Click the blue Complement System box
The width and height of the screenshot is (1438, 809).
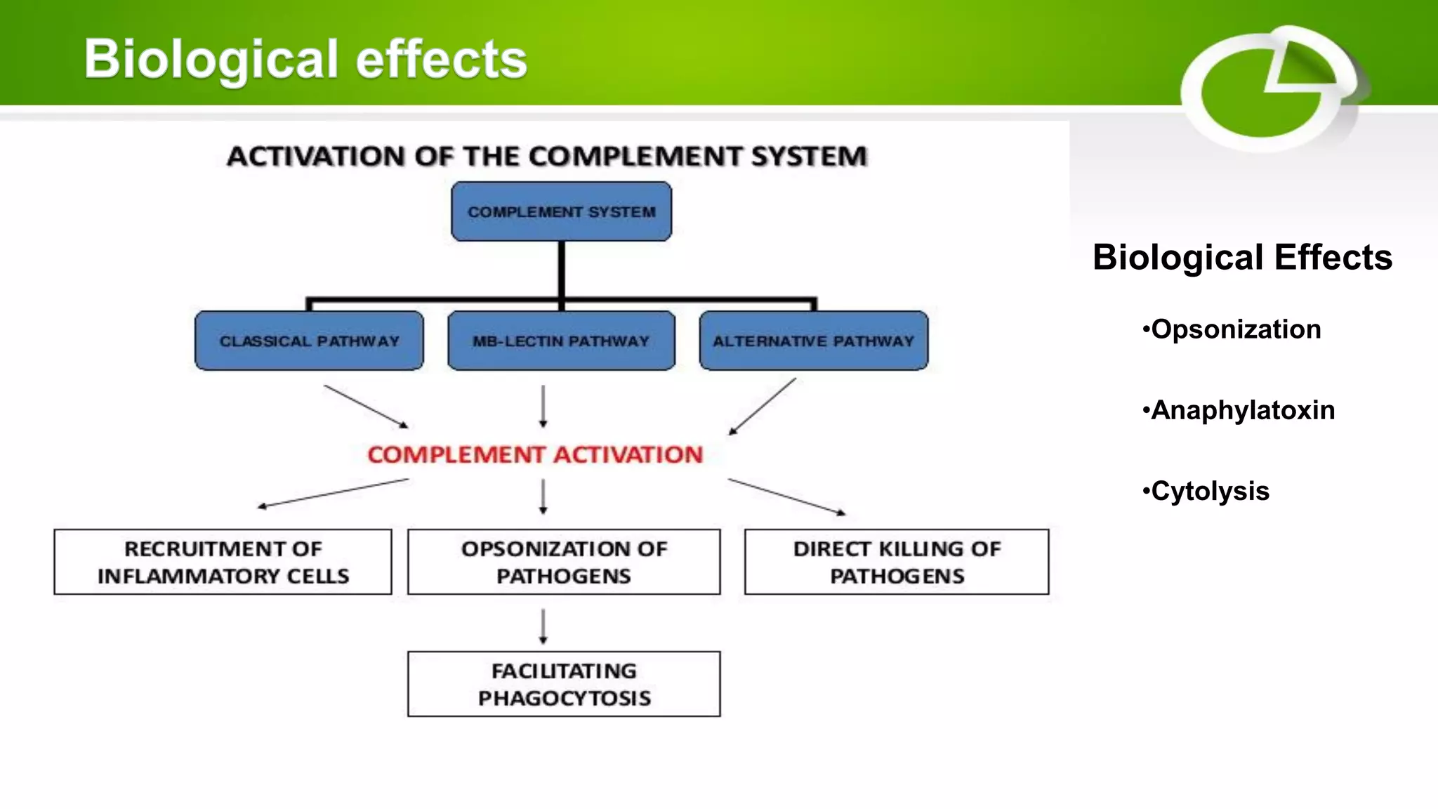(x=561, y=211)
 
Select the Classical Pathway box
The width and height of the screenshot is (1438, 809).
(x=309, y=341)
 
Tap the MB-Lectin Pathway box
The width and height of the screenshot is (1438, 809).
(x=561, y=341)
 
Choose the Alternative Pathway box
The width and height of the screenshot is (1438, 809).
(x=814, y=341)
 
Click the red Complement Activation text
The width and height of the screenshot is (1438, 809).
(x=535, y=454)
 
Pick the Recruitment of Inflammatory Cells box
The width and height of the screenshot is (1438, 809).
(x=223, y=562)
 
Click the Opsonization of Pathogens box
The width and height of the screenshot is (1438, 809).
(x=564, y=562)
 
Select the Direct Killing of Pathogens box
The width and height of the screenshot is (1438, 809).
(x=897, y=562)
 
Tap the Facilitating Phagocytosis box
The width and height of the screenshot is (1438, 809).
(x=564, y=684)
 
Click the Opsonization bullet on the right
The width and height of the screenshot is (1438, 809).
(x=1232, y=329)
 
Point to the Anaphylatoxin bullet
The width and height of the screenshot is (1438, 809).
(x=1239, y=410)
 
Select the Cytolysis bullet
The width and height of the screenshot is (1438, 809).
(x=1206, y=491)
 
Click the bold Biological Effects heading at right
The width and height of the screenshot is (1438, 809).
(x=1242, y=257)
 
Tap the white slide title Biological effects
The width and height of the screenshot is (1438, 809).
(x=305, y=58)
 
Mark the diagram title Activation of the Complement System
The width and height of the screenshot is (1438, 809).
(x=547, y=156)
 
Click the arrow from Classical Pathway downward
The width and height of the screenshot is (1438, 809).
(x=365, y=406)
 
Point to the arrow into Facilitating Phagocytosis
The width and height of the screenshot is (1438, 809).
(x=543, y=626)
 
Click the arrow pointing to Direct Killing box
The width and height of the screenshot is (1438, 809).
(x=786, y=496)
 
